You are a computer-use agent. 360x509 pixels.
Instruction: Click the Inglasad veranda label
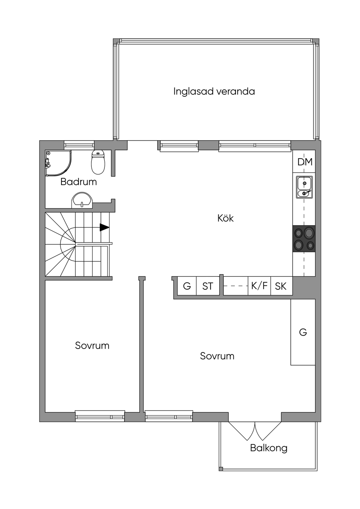click(x=214, y=92)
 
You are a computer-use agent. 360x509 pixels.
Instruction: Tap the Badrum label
click(x=79, y=182)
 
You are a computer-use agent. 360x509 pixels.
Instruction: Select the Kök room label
click(x=225, y=218)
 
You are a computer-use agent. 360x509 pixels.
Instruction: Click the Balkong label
click(x=269, y=448)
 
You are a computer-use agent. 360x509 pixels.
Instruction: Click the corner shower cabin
click(x=58, y=163)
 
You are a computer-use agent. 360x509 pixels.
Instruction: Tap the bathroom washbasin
click(x=82, y=200)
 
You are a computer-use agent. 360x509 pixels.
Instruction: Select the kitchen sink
click(x=304, y=187)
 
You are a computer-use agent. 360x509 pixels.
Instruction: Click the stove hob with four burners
click(x=304, y=239)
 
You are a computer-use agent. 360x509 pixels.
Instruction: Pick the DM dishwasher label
click(x=305, y=162)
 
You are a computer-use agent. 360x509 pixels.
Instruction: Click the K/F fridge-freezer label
click(x=259, y=286)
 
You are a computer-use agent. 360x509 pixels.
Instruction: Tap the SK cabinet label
click(x=281, y=286)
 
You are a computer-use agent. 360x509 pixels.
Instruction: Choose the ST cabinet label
click(x=207, y=286)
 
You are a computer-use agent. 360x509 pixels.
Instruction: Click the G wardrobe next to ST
click(x=187, y=286)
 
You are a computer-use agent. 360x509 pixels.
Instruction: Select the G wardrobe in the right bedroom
click(x=303, y=332)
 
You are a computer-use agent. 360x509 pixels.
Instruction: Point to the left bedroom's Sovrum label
click(x=92, y=346)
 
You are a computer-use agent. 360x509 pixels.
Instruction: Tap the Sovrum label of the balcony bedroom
click(x=217, y=356)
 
